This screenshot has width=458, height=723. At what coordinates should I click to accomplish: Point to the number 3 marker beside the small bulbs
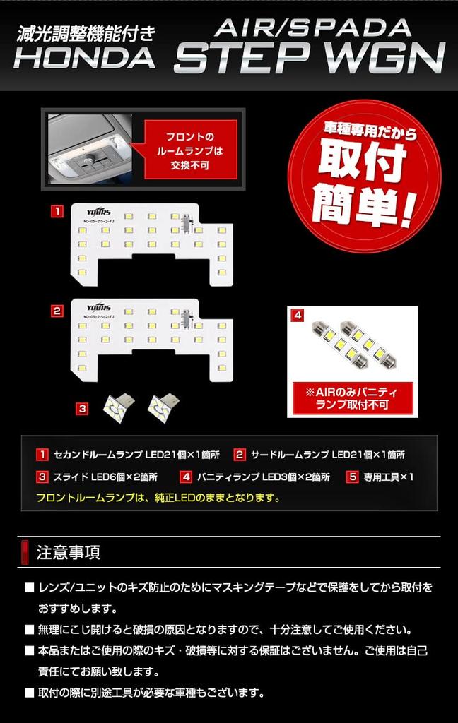tap(83, 407)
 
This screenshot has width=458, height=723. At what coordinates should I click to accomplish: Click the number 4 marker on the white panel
tap(298, 314)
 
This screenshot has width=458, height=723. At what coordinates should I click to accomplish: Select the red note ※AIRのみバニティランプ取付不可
tap(352, 398)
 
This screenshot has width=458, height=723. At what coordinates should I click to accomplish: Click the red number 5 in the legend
tap(352, 477)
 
